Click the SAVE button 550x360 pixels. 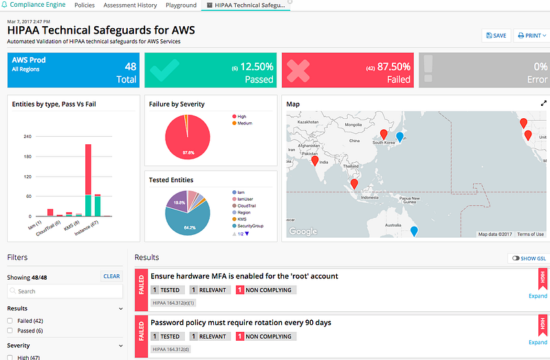point(496,36)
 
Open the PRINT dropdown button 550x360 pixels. point(530,36)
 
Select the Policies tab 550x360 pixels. point(85,5)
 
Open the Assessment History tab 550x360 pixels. point(131,5)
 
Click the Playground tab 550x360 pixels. point(181,5)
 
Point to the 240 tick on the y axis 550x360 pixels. point(28,136)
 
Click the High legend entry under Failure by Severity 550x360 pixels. point(242,117)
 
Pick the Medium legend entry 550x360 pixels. point(245,124)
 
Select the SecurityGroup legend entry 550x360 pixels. point(250,225)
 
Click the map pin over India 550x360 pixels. point(315,161)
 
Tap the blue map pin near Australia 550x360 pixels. point(413,231)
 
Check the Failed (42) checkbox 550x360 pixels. point(10,321)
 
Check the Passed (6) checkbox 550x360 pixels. point(10,330)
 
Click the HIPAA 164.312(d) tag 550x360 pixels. point(173,349)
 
